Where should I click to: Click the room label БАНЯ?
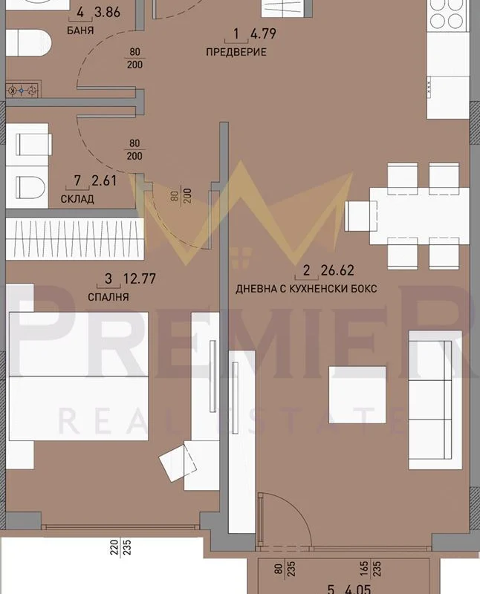click(80, 30)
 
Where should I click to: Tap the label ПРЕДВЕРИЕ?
click(236, 52)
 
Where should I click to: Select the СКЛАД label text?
click(77, 199)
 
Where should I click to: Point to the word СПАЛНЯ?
click(108, 297)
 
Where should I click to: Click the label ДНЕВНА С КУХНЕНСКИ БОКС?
click(306, 289)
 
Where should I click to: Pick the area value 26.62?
click(337, 270)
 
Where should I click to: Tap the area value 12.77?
click(140, 279)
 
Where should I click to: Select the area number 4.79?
click(263, 33)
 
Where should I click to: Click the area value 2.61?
click(104, 180)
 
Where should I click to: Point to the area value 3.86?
click(107, 12)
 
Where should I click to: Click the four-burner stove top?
click(448, 15)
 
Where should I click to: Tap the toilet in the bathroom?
click(28, 43)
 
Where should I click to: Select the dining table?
click(419, 216)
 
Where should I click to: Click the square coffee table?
click(357, 395)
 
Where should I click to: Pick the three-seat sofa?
click(435, 399)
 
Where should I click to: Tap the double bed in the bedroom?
click(78, 376)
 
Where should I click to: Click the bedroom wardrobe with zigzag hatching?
click(75, 238)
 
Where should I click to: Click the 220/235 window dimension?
click(120, 547)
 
